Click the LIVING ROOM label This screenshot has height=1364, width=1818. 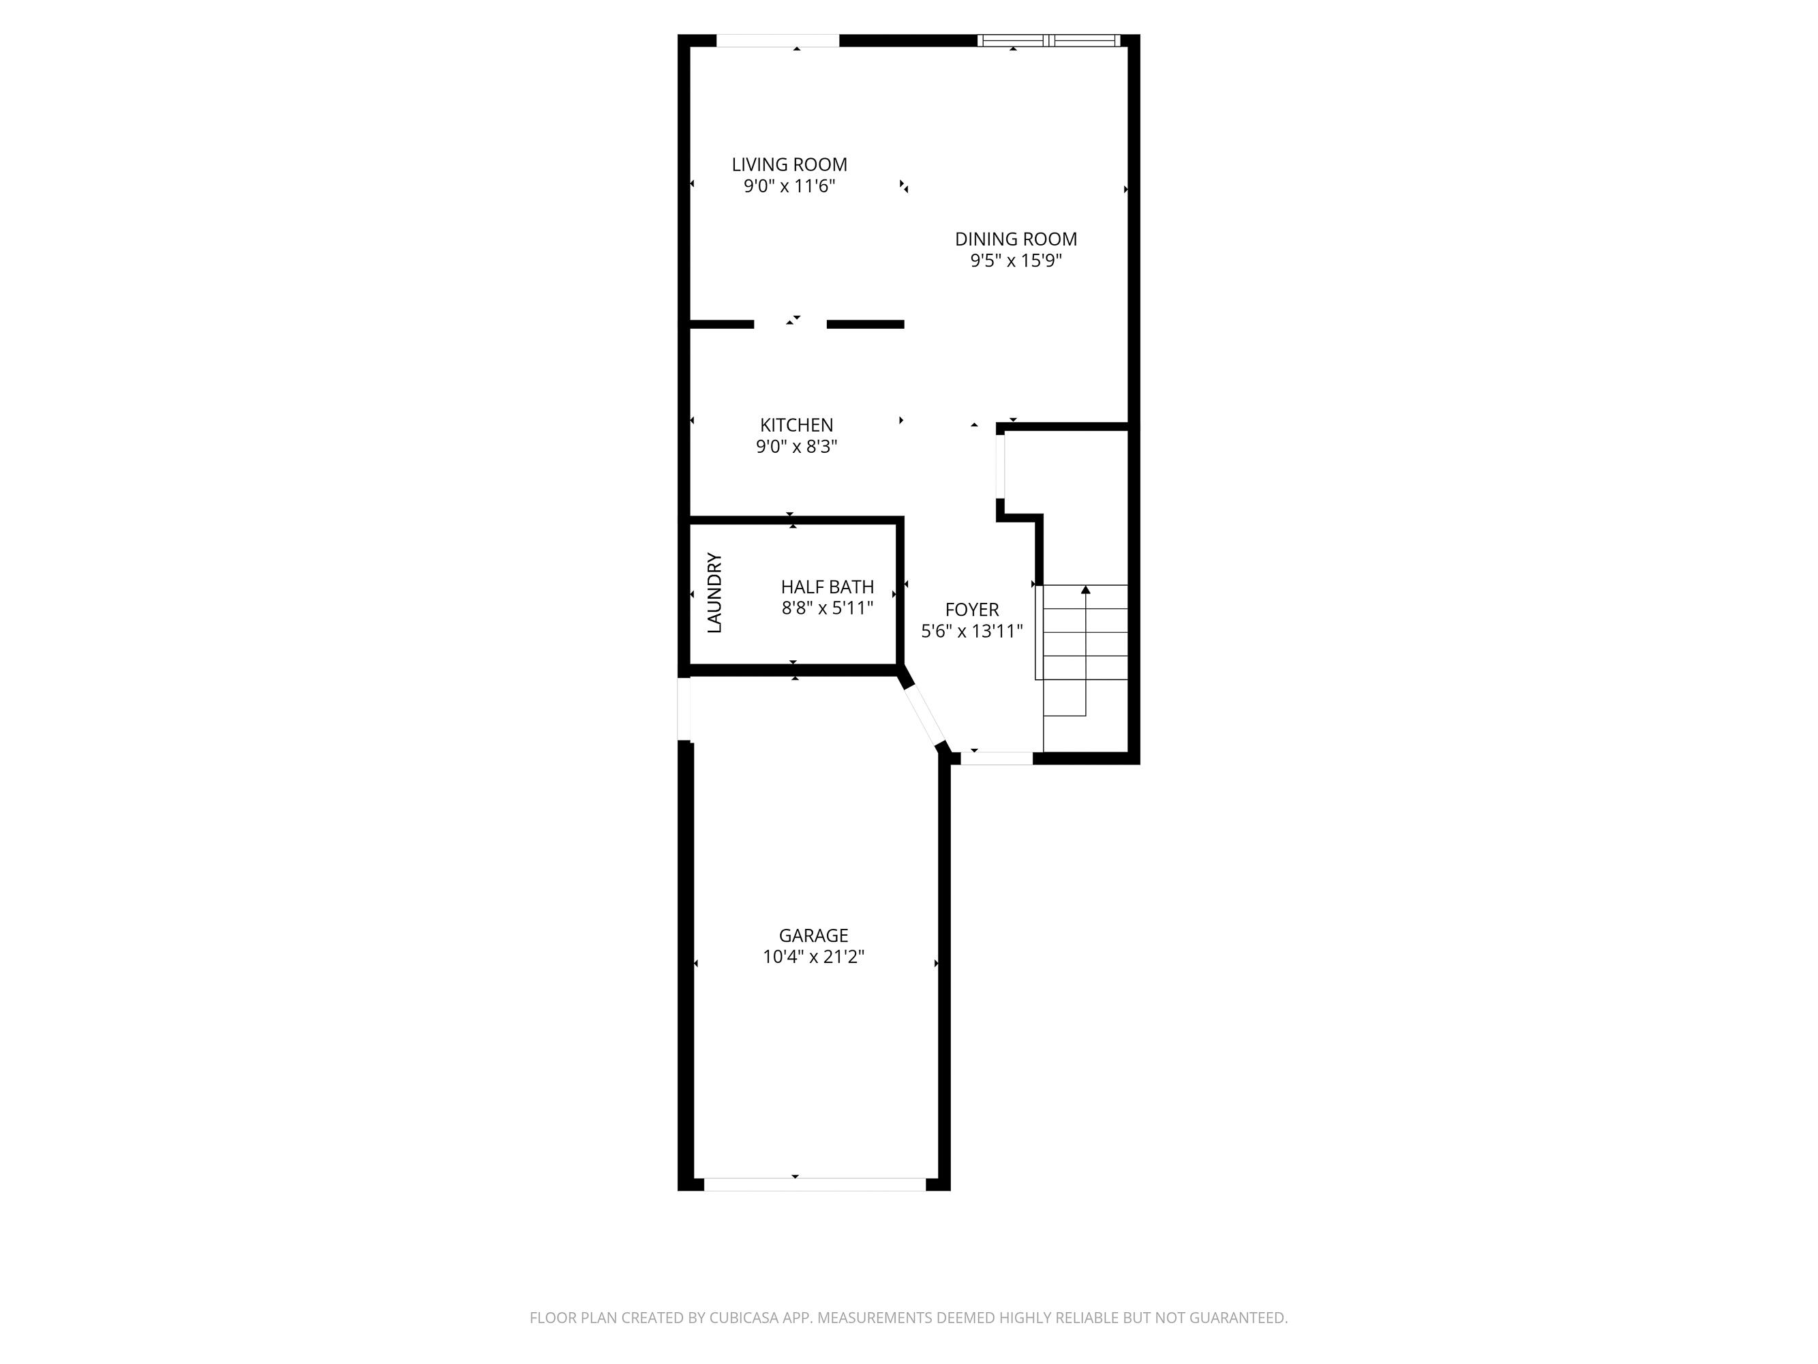pos(789,164)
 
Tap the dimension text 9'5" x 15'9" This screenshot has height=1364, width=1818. pos(1016,261)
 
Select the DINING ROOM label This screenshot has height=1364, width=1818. pos(1016,239)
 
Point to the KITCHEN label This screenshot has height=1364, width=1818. pos(796,425)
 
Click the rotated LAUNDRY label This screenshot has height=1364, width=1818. pos(714,592)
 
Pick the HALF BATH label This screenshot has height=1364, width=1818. pos(827,587)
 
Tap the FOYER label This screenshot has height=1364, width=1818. pos(971,610)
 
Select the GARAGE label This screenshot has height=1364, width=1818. pos(813,936)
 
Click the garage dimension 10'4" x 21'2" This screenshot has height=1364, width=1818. pos(813,957)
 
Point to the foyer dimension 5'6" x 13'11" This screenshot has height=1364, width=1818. pos(971,632)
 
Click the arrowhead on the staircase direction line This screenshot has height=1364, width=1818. pos(1086,589)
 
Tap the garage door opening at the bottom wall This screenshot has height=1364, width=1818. pos(815,1185)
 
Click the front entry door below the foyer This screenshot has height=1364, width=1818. pos(996,759)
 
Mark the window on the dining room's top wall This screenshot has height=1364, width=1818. pos(1048,40)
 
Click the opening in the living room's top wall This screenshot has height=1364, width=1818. pos(778,40)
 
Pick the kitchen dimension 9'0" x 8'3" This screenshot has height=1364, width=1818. pos(796,447)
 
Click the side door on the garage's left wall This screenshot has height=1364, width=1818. pos(683,709)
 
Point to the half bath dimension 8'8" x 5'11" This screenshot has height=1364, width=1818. pos(827,608)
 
